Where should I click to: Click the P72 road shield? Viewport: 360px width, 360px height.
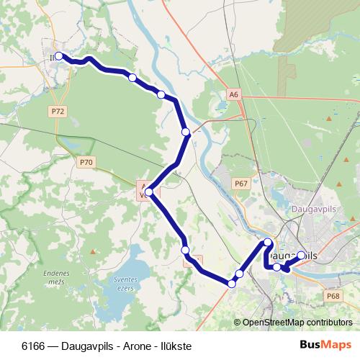58,112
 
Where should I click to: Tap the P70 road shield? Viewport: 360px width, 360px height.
86,163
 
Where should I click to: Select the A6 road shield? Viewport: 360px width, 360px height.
234,94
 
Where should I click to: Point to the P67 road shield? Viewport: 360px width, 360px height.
241,184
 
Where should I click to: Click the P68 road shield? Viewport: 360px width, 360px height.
333,296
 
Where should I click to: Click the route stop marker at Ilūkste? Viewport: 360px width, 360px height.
59,56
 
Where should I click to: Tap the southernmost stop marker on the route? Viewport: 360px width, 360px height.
231,284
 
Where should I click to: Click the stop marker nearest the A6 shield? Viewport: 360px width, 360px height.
186,132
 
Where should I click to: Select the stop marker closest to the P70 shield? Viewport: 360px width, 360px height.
148,192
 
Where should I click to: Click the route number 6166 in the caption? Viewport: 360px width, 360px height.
34,345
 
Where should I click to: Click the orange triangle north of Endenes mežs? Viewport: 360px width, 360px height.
92,252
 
